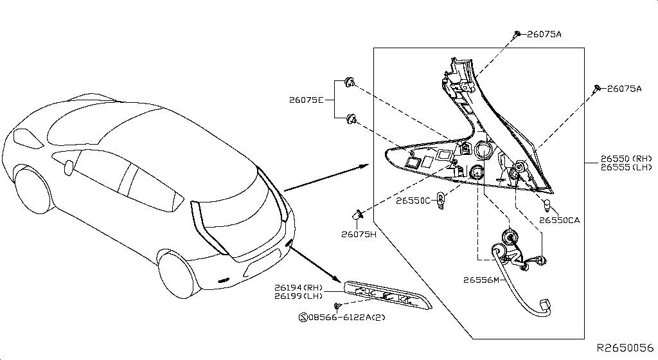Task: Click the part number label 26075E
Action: (307, 100)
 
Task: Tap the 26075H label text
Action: (359, 235)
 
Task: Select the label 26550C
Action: (413, 201)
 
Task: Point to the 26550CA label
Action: (560, 221)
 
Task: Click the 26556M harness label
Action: (481, 280)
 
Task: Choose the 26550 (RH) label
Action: (626, 159)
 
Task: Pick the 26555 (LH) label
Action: (626, 167)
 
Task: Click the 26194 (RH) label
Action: (298, 288)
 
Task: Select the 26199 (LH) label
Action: (298, 296)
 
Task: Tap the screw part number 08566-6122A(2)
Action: (346, 317)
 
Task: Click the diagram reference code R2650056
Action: (625, 348)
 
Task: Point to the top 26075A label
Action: (544, 35)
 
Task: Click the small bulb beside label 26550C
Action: (441, 200)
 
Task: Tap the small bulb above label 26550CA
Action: (547, 205)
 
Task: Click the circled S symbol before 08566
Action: (303, 317)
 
